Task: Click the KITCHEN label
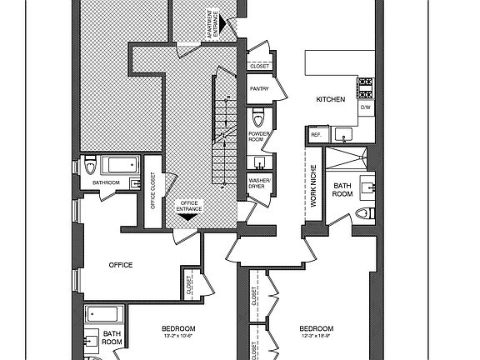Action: [x=330, y=99]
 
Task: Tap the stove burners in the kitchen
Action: [x=364, y=87]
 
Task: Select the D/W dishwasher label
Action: [x=365, y=107]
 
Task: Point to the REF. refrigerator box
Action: [x=317, y=134]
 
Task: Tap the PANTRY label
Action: [x=257, y=87]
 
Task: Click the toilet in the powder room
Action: [x=258, y=113]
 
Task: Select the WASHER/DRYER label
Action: [x=257, y=184]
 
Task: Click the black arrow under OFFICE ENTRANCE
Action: [x=188, y=216]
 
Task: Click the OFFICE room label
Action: [x=121, y=265]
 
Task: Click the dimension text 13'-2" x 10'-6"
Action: [x=178, y=337]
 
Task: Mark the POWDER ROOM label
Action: [x=257, y=137]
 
